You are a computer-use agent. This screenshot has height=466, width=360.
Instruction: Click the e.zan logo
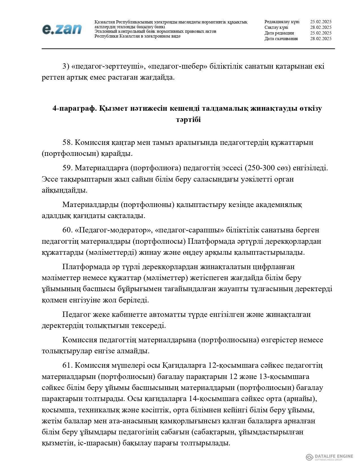click(x=62, y=29)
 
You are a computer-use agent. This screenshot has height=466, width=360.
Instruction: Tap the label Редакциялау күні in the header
click(x=282, y=22)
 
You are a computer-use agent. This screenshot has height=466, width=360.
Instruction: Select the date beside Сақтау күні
click(x=320, y=27)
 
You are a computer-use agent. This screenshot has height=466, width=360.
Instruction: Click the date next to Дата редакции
click(x=320, y=33)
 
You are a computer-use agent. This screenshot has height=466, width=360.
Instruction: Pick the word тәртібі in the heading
click(x=188, y=120)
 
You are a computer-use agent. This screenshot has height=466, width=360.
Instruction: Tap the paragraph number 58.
click(x=67, y=143)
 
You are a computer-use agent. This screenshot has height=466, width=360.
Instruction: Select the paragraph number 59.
click(x=67, y=168)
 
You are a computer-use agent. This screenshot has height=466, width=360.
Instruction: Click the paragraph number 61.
click(x=67, y=365)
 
